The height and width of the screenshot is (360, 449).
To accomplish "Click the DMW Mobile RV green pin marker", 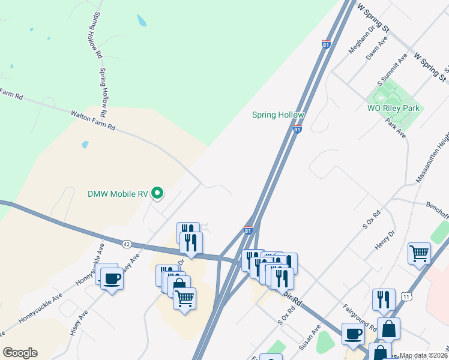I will [x=157, y=193].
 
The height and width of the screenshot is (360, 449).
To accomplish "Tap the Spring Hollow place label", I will [x=278, y=115].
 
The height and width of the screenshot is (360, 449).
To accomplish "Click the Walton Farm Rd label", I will [x=92, y=120].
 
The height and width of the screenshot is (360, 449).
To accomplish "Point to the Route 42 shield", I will [x=126, y=244].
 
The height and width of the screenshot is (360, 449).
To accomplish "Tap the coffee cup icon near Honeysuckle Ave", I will [x=112, y=278].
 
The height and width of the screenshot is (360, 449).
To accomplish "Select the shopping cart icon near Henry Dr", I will [x=419, y=252].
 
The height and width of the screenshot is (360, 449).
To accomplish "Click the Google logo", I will [x=20, y=353].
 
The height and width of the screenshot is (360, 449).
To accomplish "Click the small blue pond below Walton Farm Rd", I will [x=85, y=145].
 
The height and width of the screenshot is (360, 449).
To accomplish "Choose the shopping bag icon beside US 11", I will [x=389, y=329].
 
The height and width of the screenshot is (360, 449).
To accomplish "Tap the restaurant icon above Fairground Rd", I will [x=384, y=298].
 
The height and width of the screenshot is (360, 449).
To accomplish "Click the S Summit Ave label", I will [x=393, y=69].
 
